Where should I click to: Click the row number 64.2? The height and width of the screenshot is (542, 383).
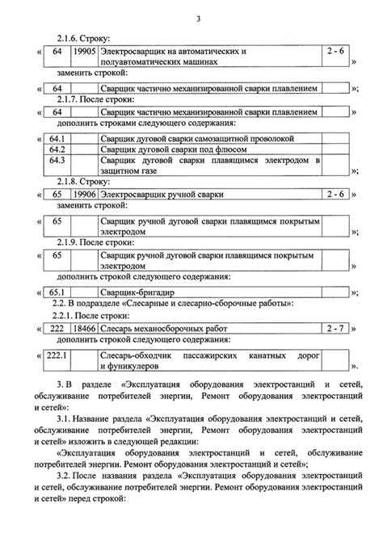pos(57,149)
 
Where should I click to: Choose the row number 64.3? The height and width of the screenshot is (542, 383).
pos(57,160)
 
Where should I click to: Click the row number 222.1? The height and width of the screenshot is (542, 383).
pos(57,355)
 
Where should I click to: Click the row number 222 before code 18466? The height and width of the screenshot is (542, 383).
pos(57,329)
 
